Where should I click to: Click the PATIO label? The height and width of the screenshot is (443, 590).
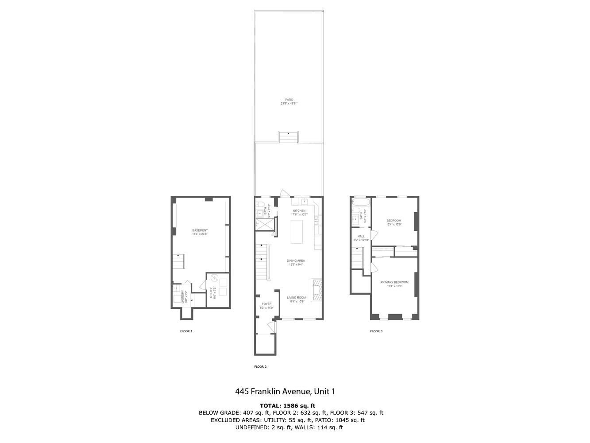[x=289, y=100]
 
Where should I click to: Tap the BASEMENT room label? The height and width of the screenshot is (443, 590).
[x=200, y=230]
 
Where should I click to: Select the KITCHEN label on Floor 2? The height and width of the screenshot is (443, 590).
[x=299, y=211]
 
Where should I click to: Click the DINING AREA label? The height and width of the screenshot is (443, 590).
[x=296, y=260]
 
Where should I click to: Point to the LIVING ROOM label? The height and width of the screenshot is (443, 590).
[x=296, y=298]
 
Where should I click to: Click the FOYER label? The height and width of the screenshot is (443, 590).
[x=266, y=304]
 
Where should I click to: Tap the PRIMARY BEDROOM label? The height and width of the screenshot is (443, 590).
[x=394, y=282]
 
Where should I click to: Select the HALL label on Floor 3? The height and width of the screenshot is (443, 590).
[x=361, y=236]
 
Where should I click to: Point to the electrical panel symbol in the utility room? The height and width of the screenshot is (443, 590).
[x=215, y=279]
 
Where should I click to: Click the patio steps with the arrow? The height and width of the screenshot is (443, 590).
[x=289, y=137]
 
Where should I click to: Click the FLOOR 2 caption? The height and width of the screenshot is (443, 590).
[x=260, y=367]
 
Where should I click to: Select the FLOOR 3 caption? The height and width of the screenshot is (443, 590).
[x=376, y=331]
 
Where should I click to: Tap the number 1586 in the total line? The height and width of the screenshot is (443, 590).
[x=291, y=405]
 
